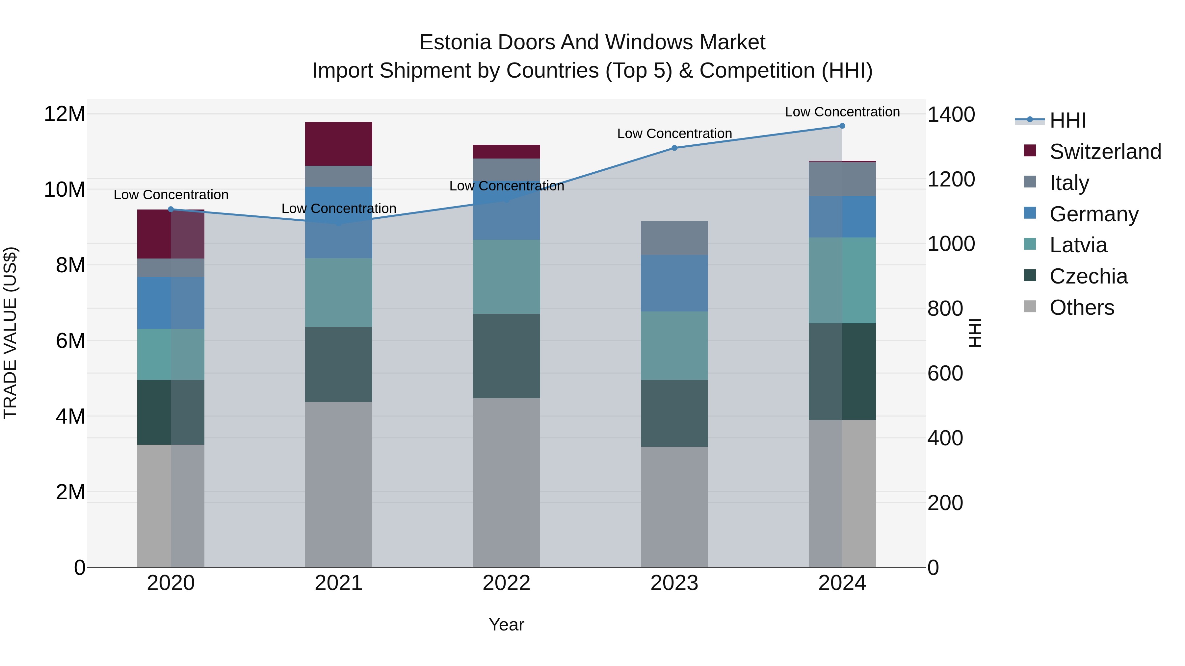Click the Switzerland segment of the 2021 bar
point(339,144)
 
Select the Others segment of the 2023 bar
point(674,506)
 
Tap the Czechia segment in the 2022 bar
point(507,356)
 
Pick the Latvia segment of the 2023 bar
point(674,346)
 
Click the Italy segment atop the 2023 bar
point(674,238)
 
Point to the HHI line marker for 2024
point(842,126)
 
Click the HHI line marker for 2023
point(674,148)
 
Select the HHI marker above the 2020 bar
point(171,209)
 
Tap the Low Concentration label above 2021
point(339,209)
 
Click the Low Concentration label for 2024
point(842,112)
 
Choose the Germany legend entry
point(1093,214)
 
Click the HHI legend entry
point(1067,120)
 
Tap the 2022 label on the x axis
point(507,583)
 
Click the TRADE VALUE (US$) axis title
point(10,333)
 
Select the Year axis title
point(507,625)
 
